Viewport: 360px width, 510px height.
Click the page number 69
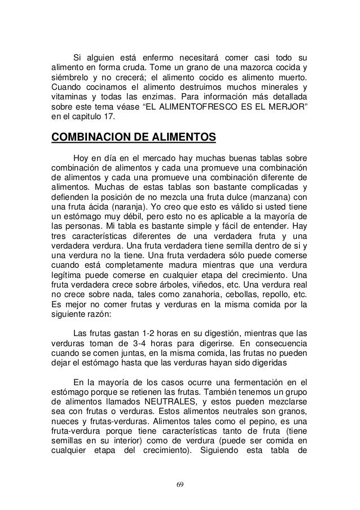(180, 485)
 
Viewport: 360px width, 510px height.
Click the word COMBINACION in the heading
(91, 137)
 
